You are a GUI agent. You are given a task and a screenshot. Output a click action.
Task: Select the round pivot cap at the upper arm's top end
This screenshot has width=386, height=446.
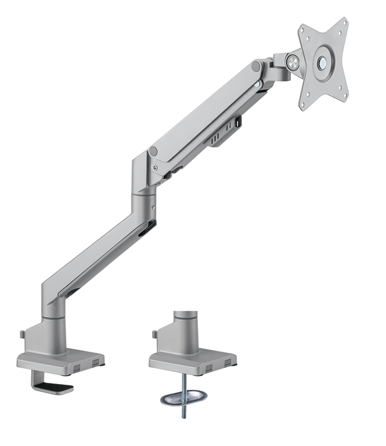point(256,66)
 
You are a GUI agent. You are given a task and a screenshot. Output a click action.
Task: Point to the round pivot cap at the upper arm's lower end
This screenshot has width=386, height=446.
point(154,152)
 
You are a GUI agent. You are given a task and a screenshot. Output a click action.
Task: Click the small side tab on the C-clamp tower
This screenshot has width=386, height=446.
point(23,334)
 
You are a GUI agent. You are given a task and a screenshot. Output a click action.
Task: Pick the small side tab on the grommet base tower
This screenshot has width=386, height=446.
point(154,333)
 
